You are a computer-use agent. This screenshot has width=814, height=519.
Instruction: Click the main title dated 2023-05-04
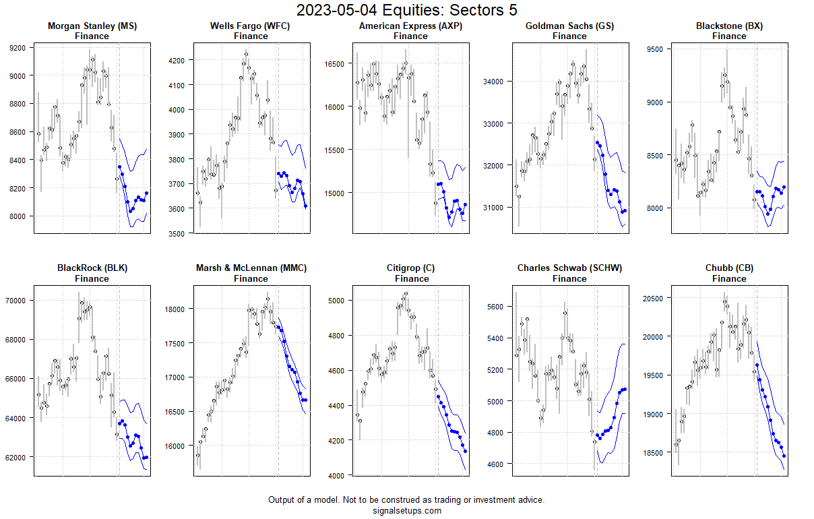pyautogui.click(x=406, y=10)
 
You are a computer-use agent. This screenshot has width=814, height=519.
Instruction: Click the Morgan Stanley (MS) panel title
pyautogui.click(x=92, y=26)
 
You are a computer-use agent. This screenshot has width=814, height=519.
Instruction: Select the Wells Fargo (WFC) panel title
pyautogui.click(x=251, y=26)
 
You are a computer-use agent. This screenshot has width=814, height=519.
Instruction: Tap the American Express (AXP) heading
pyautogui.click(x=410, y=26)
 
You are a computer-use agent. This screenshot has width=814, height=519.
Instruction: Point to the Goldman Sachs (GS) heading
pyautogui.click(x=569, y=26)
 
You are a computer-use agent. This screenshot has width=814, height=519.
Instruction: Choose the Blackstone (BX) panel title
pyautogui.click(x=729, y=26)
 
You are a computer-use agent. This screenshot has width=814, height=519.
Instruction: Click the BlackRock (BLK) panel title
pyautogui.click(x=92, y=268)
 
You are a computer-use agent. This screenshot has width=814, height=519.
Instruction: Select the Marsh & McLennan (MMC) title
pyautogui.click(x=251, y=268)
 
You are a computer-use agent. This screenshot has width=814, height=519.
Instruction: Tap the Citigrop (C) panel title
pyautogui.click(x=410, y=268)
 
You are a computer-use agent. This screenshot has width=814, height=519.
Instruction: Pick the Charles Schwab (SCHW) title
pyautogui.click(x=569, y=268)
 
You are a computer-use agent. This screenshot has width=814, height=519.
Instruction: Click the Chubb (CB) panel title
pyautogui.click(x=729, y=268)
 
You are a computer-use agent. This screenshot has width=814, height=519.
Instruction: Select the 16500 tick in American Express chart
pyautogui.click(x=335, y=63)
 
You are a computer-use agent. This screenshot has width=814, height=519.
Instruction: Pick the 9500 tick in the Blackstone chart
pyautogui.click(x=655, y=49)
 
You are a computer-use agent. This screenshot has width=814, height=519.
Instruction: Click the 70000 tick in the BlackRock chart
pyautogui.click(x=16, y=300)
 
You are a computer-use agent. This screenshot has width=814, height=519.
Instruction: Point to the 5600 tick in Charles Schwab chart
pyautogui.click(x=496, y=306)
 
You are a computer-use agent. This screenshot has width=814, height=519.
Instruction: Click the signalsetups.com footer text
pyautogui.click(x=406, y=510)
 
